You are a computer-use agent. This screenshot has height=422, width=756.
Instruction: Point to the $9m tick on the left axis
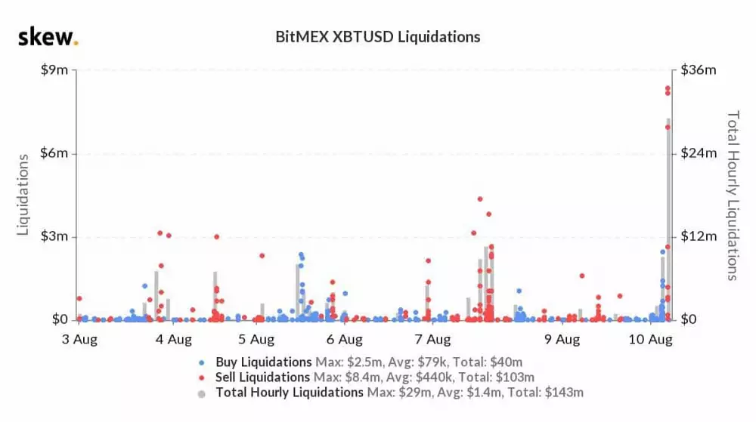54,69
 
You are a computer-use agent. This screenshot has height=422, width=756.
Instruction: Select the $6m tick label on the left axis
54,153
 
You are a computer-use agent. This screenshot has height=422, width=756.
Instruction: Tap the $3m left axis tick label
54,236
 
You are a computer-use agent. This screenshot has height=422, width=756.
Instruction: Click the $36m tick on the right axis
699,69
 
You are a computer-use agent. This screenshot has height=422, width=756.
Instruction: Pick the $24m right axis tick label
699,153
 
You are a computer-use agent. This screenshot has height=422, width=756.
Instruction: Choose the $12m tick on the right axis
699,236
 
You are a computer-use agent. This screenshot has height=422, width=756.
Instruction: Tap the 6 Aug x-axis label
345,339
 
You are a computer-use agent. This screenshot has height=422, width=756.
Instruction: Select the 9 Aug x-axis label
563,339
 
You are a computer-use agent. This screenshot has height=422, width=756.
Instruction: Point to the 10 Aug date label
652,339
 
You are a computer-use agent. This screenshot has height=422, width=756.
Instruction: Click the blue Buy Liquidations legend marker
200,362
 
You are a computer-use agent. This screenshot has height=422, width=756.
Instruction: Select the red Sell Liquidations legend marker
200,377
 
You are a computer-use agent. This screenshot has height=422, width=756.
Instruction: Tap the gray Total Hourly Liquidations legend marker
200,393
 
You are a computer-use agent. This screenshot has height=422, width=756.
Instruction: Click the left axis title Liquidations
23,195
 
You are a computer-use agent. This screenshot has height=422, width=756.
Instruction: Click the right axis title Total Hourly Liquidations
732,195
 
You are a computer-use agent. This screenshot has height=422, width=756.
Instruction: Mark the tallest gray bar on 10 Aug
668,219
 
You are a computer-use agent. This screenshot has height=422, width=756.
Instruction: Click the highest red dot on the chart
668,88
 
